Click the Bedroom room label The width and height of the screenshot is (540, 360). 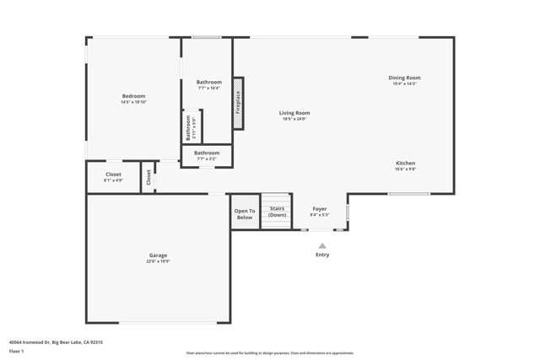(133, 96)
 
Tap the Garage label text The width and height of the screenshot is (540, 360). (158, 255)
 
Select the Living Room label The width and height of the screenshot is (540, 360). (294, 113)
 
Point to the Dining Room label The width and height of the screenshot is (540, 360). (404, 78)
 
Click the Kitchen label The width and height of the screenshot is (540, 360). (405, 163)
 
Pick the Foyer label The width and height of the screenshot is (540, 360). (320, 209)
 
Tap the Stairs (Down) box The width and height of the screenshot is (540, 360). (276, 212)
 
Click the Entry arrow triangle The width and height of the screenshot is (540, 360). (322, 245)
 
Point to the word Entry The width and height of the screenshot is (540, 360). (322, 255)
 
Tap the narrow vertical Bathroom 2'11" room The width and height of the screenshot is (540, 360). (192, 127)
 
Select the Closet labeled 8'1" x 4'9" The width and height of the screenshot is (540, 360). (113, 175)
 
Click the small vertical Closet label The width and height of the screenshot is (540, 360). (148, 177)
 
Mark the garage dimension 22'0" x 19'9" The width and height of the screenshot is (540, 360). (158, 261)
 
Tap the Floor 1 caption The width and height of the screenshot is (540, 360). (16, 351)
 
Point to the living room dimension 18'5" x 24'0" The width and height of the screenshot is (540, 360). (294, 119)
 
